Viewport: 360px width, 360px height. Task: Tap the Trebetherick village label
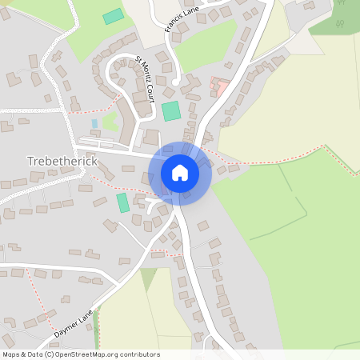click(x=62, y=161)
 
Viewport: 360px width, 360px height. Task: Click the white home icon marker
click(x=179, y=172)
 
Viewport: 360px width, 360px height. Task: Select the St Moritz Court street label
click(x=145, y=78)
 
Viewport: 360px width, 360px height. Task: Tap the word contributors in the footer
click(x=140, y=354)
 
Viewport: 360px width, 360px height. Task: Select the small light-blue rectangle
click(x=94, y=123)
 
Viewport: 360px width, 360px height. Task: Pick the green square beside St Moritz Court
click(x=170, y=111)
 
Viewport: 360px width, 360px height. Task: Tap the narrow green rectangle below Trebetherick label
click(x=122, y=202)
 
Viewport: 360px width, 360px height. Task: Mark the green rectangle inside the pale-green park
click(x=114, y=16)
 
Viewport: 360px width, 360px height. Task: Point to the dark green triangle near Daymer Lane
click(x=148, y=278)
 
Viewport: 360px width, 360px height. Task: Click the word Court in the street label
click(x=149, y=91)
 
